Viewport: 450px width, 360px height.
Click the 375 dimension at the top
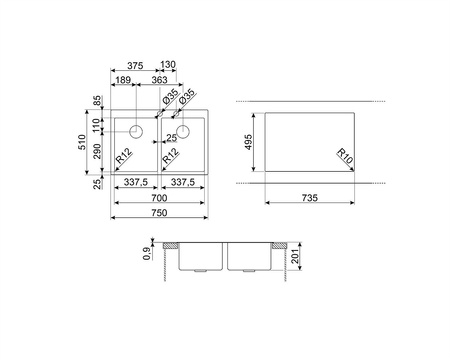pyautogui.click(x=135, y=66)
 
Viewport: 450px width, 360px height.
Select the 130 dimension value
pyautogui.click(x=168, y=64)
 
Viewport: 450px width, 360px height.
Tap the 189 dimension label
pyautogui.click(x=123, y=80)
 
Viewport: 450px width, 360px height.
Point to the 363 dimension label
pyautogui.click(x=159, y=80)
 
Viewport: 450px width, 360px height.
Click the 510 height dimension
pyautogui.click(x=82, y=142)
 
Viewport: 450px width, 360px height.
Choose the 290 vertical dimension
pyautogui.click(x=96, y=151)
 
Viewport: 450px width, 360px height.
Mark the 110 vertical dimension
pyautogui.click(x=96, y=125)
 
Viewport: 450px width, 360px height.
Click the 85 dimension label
pyautogui.click(x=96, y=100)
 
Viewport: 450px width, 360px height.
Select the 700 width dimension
pyautogui.click(x=159, y=198)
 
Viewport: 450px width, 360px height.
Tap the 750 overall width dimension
pyautogui.click(x=159, y=213)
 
